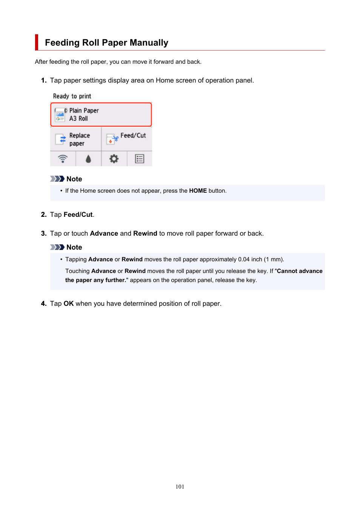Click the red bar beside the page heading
(x=37, y=42)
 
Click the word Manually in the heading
(x=149, y=43)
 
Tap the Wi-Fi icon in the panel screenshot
(x=63, y=159)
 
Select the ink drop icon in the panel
(x=88, y=159)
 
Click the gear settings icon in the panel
(x=114, y=159)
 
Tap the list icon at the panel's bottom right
(x=140, y=159)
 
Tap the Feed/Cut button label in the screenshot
(x=133, y=135)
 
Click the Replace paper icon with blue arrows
(x=61, y=139)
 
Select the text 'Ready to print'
(x=72, y=96)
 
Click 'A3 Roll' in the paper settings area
(x=78, y=118)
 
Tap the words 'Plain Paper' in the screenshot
(x=84, y=110)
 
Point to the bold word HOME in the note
(x=198, y=191)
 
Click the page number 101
(x=180, y=487)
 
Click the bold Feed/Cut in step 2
(x=78, y=215)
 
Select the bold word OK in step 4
(x=68, y=304)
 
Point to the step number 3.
(x=43, y=233)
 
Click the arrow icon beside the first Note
(x=57, y=179)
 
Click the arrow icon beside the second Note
(x=57, y=247)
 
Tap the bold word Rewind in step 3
(x=145, y=233)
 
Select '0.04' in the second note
(x=244, y=259)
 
